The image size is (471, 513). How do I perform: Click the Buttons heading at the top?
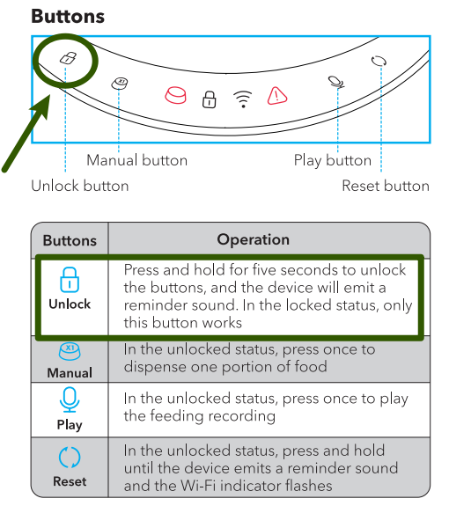(x=68, y=16)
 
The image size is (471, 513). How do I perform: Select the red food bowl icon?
(x=177, y=94)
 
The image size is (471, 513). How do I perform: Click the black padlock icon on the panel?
(x=209, y=99)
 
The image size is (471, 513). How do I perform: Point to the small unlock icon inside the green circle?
(x=65, y=58)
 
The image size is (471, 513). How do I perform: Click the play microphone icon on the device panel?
(x=334, y=82)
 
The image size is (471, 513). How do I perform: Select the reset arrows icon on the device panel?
(x=379, y=61)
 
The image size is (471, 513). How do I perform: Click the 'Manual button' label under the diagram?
(x=136, y=160)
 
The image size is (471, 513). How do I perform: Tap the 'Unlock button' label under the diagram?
(x=79, y=186)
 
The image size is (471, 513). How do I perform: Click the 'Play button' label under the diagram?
(x=332, y=160)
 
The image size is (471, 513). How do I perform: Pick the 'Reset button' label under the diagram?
(x=385, y=186)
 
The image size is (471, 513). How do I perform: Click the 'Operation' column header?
(x=253, y=239)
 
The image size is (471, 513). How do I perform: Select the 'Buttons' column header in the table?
(x=70, y=240)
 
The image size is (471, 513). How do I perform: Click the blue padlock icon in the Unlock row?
(x=70, y=281)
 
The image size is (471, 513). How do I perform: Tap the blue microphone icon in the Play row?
(x=70, y=400)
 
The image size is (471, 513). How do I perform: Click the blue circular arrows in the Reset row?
(x=70, y=458)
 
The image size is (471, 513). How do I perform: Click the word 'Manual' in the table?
(x=70, y=372)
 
